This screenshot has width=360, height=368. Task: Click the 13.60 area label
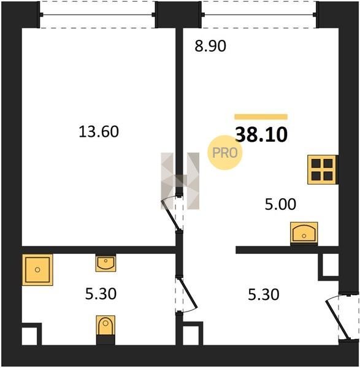[99, 131]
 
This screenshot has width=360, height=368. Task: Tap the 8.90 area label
[210, 46]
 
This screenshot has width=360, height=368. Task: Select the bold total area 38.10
[261, 135]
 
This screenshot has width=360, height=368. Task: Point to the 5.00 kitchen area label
[280, 204]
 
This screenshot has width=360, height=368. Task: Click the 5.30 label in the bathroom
[101, 294]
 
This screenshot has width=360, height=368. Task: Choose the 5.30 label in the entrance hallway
[264, 294]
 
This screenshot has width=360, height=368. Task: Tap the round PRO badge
[225, 153]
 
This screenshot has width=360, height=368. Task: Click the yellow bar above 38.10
[261, 117]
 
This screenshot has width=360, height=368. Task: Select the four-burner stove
[323, 169]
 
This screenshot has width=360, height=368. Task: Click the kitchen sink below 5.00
[304, 234]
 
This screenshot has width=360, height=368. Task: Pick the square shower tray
[37, 270]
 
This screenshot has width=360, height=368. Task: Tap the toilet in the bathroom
[105, 330]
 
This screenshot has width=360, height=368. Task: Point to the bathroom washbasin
[105, 263]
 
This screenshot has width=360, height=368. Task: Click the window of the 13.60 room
[98, 15]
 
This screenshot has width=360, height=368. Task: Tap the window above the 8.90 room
[259, 15]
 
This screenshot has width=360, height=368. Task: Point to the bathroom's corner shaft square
[32, 334]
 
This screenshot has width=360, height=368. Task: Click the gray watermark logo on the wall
[180, 181]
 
